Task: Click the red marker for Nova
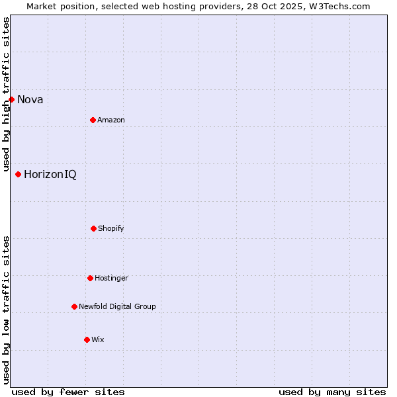pyautogui.click(x=11, y=99)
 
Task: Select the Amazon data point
pyautogui.click(x=93, y=120)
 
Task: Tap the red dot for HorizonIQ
pyautogui.click(x=18, y=174)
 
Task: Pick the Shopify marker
pyautogui.click(x=93, y=228)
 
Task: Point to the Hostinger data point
pyautogui.click(x=90, y=278)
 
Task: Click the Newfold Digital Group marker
pyautogui.click(x=74, y=306)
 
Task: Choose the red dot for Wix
pyautogui.click(x=87, y=339)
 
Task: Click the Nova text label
pyautogui.click(x=30, y=100)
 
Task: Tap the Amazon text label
pyautogui.click(x=111, y=120)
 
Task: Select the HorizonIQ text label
pyautogui.click(x=50, y=175)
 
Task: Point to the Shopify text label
pyautogui.click(x=111, y=228)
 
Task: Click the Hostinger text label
pyautogui.click(x=111, y=278)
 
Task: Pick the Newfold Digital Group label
pyautogui.click(x=117, y=306)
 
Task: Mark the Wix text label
pyautogui.click(x=98, y=339)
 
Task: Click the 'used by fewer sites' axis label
pyautogui.click(x=68, y=392)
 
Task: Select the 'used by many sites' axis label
pyautogui.click(x=332, y=392)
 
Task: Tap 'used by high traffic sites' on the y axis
pyautogui.click(x=6, y=94)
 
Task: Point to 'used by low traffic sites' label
pyautogui.click(x=6, y=310)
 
